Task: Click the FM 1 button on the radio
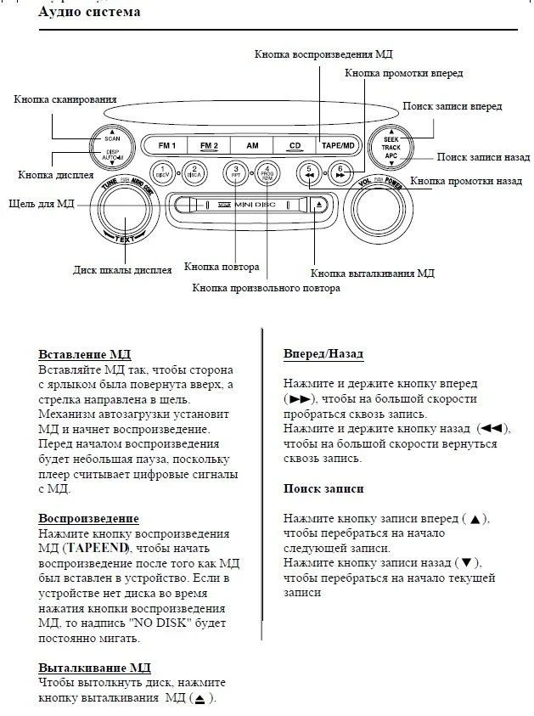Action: [166, 145]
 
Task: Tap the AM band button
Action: [252, 145]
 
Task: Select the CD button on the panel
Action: [295, 145]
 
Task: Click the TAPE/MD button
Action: [337, 145]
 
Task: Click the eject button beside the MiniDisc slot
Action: [318, 205]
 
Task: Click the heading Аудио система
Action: [90, 13]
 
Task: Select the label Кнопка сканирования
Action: [65, 99]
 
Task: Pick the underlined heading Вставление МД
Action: [85, 355]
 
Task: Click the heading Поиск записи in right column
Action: [323, 488]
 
